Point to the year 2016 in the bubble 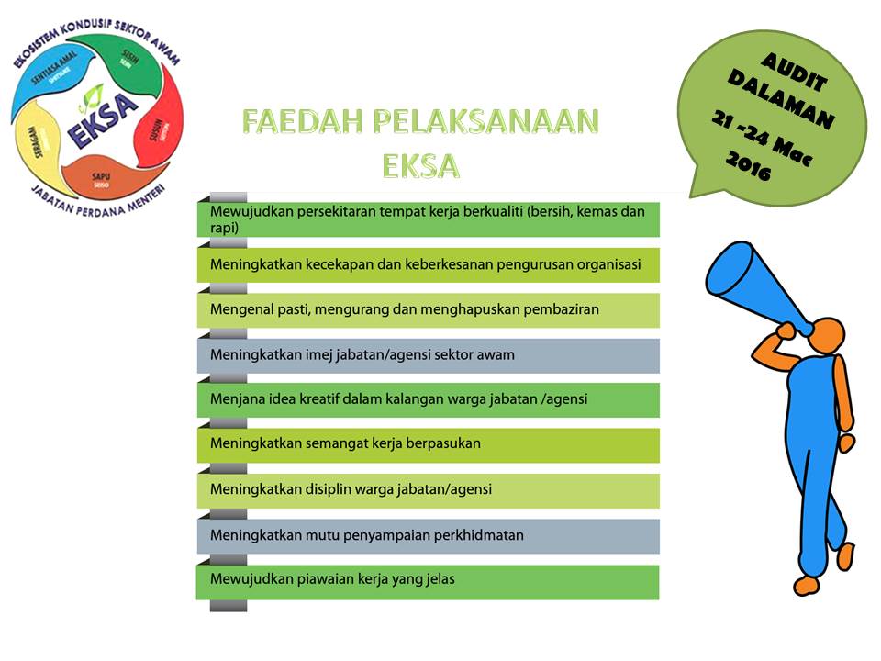(747, 165)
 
